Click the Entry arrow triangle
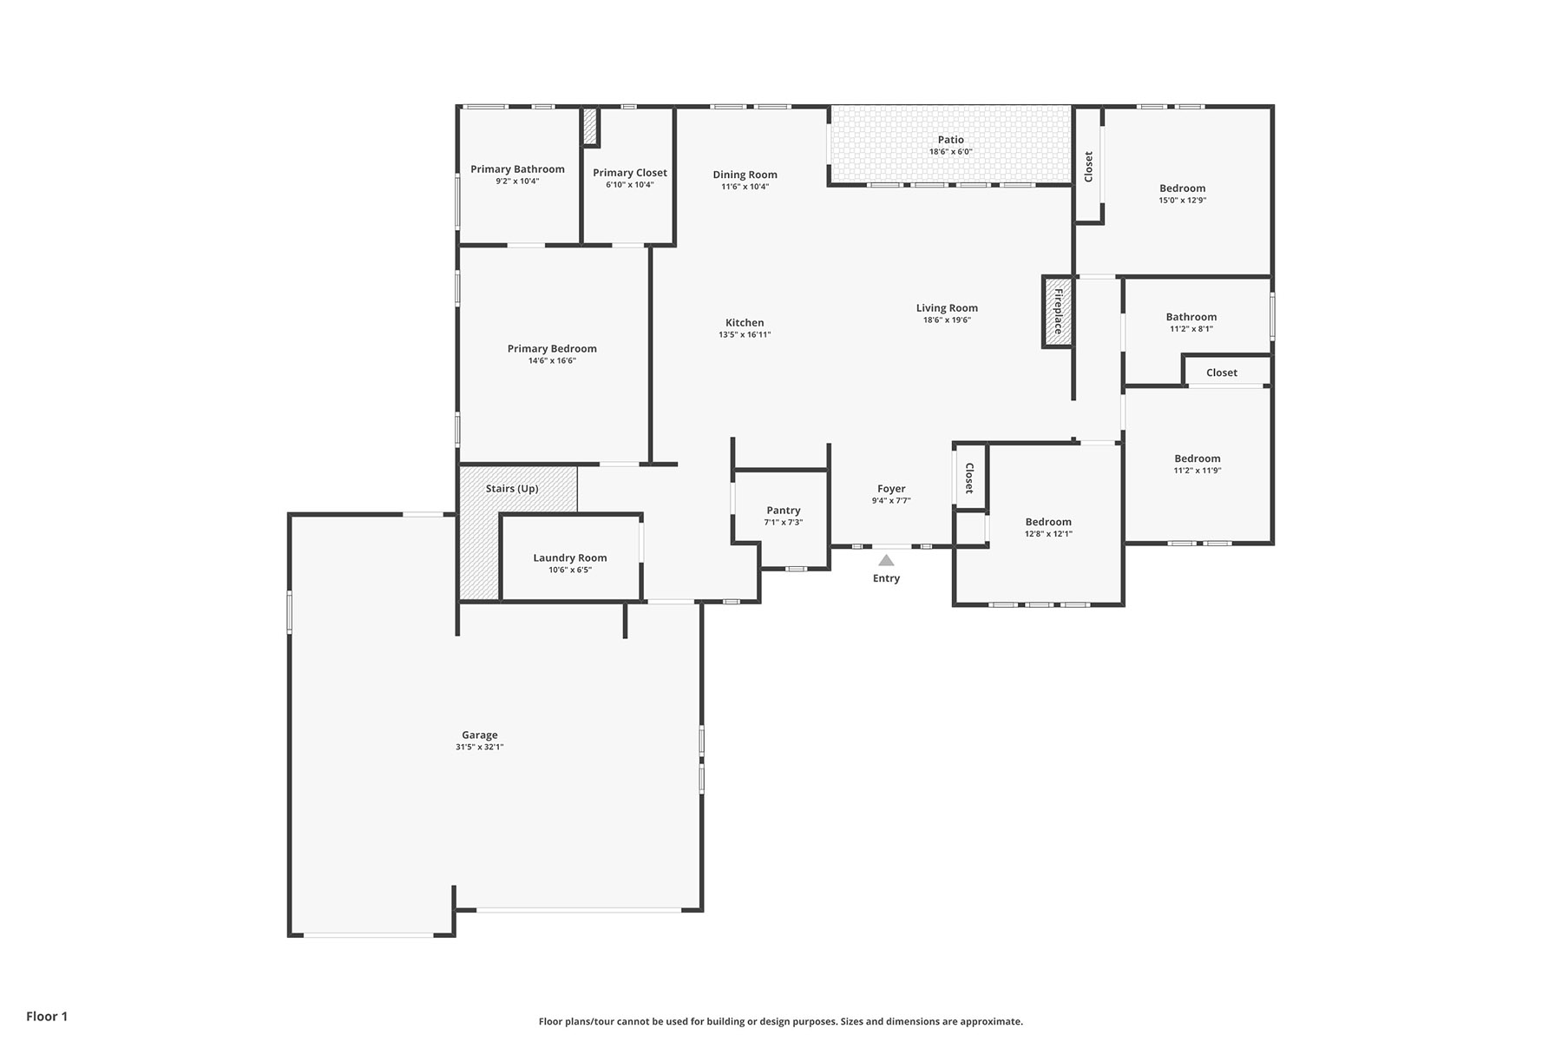(886, 561)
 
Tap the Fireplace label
(1058, 312)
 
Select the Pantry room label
(784, 511)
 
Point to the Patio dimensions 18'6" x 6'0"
(950, 152)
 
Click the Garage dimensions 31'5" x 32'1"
(479, 747)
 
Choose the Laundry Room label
(570, 558)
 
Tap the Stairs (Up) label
(512, 489)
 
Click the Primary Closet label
(630, 173)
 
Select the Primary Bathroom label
(517, 169)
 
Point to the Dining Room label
(745, 175)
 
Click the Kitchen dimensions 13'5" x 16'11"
(745, 334)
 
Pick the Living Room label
(947, 308)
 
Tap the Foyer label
(891, 489)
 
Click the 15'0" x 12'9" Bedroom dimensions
(1182, 200)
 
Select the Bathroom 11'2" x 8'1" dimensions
(1191, 329)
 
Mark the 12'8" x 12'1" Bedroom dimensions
(1048, 534)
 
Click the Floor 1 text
(47, 1016)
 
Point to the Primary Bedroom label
(552, 349)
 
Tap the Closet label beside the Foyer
(969, 478)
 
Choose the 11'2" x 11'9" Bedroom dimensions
(1198, 471)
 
